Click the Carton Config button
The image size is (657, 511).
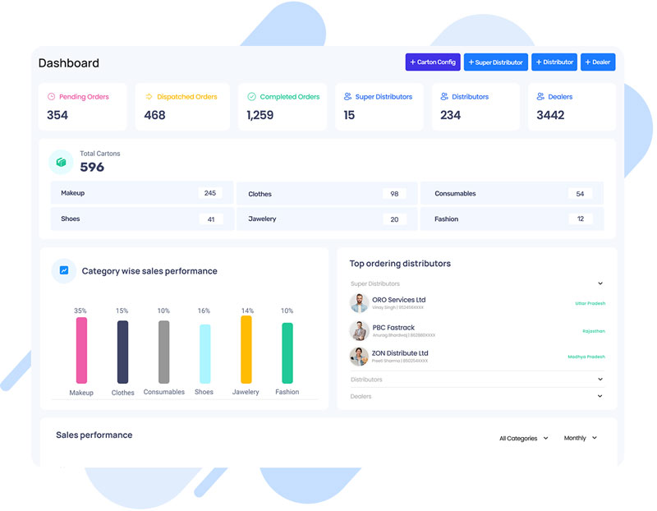433,62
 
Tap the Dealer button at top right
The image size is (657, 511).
598,62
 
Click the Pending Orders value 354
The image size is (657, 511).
57,115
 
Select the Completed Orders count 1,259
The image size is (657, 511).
260,115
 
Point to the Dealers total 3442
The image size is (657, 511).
550,115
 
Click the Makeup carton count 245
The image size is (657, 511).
210,193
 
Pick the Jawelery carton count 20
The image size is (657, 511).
394,219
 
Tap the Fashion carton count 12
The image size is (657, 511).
580,219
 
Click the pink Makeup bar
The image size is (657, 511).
81,350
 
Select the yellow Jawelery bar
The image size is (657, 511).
246,349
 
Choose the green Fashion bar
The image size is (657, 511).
287,352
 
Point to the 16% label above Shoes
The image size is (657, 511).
204,311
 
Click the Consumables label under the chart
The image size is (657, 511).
164,392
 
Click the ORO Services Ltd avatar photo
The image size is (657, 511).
359,303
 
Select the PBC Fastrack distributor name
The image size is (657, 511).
393,328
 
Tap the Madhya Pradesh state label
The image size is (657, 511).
586,357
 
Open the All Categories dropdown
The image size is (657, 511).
523,439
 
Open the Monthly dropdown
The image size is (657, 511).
580,439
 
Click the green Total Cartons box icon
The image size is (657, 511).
61,162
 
